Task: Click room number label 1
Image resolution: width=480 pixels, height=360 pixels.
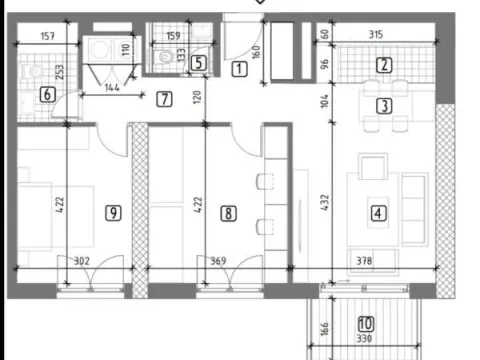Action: [240, 69]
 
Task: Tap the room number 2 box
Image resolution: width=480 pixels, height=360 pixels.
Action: [383, 67]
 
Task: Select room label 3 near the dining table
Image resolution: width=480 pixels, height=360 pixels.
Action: [383, 105]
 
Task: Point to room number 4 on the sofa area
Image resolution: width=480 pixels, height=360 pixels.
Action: [378, 212]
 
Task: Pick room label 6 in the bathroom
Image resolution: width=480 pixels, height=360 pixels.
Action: [46, 95]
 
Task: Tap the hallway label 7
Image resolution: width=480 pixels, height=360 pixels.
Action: [164, 98]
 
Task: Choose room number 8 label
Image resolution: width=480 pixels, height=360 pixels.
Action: [229, 212]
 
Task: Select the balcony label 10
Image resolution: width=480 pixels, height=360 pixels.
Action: [365, 323]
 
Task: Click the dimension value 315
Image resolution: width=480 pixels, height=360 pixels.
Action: [376, 36]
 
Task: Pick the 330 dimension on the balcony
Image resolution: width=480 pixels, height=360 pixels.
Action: [363, 340]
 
